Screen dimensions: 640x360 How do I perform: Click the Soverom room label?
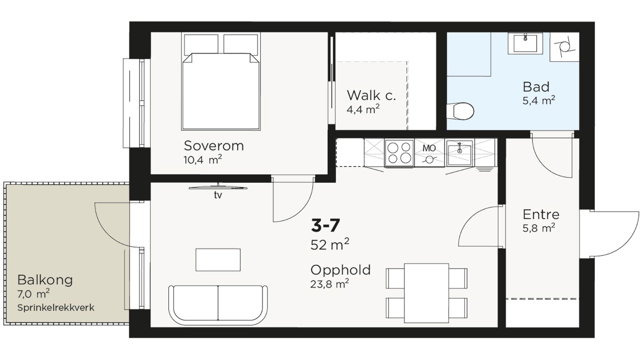[x=214, y=146]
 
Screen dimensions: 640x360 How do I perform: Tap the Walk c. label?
[x=372, y=96]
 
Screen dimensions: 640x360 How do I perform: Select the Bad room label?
[x=536, y=87]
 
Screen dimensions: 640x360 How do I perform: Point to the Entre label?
[x=541, y=214]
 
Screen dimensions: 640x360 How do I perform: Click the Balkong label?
[x=45, y=280]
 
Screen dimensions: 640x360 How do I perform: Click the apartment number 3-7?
[x=326, y=226]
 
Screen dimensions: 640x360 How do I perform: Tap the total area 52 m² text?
[x=330, y=244]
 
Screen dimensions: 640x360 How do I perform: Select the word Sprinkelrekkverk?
[x=56, y=308]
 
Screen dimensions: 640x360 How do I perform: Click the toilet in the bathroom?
[x=460, y=111]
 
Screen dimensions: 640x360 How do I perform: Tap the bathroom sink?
[x=525, y=44]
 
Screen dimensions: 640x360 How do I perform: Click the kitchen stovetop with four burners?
[x=399, y=153]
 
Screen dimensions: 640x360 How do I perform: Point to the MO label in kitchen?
[x=429, y=148]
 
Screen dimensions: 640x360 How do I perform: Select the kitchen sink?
[x=459, y=153]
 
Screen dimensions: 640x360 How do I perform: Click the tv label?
[x=218, y=195]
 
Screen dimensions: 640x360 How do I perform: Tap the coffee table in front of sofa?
[x=218, y=260]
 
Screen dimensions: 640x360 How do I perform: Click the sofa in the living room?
[x=218, y=305]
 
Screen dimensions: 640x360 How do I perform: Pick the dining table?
[x=426, y=293]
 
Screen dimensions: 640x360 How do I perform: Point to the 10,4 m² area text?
[x=202, y=160]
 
